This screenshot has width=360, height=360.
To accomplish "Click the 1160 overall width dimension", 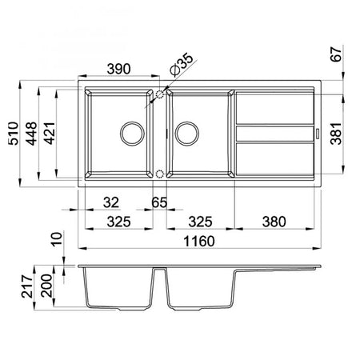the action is click(x=199, y=242).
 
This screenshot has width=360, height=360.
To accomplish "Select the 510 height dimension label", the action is click(x=14, y=134).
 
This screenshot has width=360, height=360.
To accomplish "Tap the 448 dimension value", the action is click(x=31, y=134).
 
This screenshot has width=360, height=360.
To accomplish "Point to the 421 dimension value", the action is click(x=50, y=134).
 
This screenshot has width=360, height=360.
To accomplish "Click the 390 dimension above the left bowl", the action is click(x=118, y=69).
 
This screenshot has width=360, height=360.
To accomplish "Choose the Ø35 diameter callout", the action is click(x=182, y=65).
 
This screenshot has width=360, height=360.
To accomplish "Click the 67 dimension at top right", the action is click(x=336, y=54).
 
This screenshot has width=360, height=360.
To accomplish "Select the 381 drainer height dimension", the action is click(x=336, y=134).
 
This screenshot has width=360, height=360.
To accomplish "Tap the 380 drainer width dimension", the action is click(x=274, y=222).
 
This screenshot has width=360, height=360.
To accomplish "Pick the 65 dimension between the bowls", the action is click(x=159, y=202).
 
